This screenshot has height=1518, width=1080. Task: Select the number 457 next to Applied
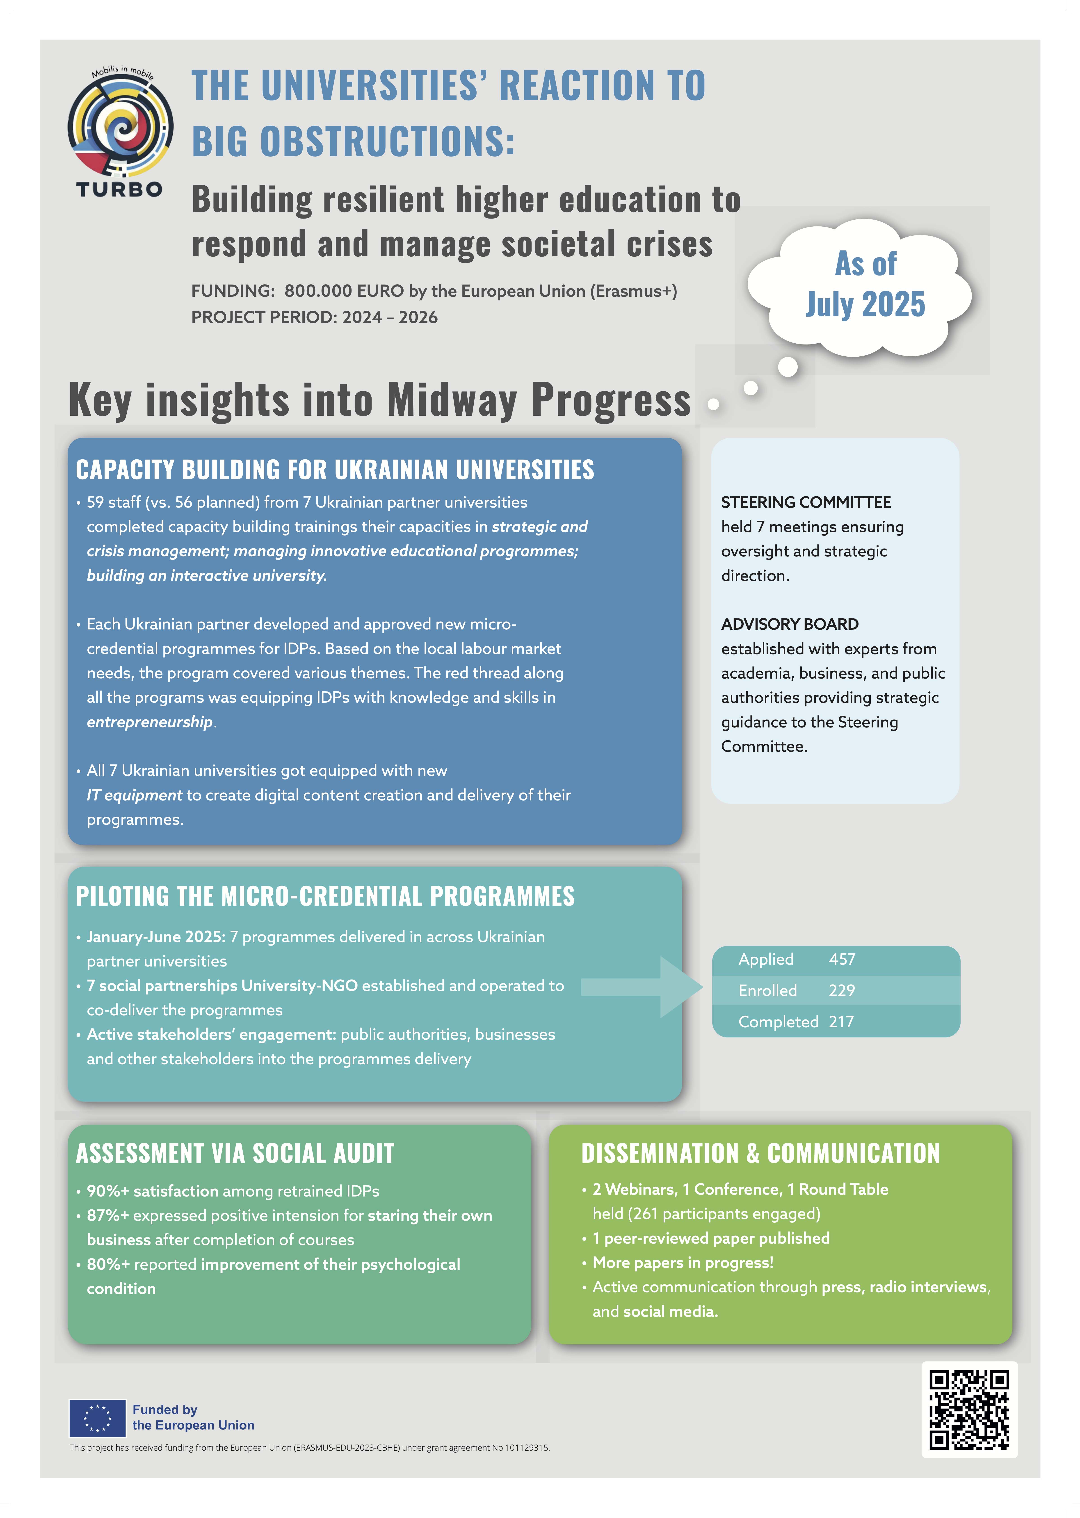coord(842,959)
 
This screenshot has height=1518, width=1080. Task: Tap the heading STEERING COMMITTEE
coord(805,502)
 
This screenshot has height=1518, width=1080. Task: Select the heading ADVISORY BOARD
coord(789,624)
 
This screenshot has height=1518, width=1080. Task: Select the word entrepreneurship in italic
coord(150,721)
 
